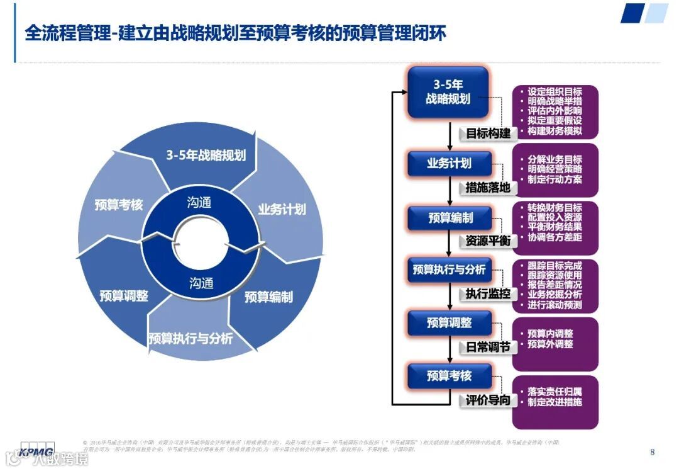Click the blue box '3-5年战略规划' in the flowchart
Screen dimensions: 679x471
click(x=448, y=92)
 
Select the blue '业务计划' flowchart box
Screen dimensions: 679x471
click(x=448, y=164)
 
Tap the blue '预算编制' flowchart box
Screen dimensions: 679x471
click(x=448, y=218)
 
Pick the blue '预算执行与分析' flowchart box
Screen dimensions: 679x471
click(x=448, y=270)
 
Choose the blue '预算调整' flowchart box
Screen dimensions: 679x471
click(x=448, y=323)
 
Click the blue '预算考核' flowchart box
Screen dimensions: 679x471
click(x=448, y=376)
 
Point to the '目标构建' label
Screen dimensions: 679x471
click(x=488, y=133)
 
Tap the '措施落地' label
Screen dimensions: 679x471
click(x=488, y=187)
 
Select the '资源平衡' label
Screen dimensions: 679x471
click(x=488, y=241)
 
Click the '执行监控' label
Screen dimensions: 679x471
click(x=488, y=294)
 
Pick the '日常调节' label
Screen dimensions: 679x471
click(x=488, y=347)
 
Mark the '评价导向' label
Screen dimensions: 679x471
click(x=488, y=400)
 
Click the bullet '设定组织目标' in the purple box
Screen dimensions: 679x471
click(x=555, y=92)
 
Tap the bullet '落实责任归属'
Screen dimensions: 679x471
click(x=555, y=392)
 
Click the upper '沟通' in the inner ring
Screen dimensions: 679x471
click(x=200, y=203)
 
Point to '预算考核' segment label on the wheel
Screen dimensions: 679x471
click(x=119, y=205)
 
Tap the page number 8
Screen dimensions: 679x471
click(x=652, y=451)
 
